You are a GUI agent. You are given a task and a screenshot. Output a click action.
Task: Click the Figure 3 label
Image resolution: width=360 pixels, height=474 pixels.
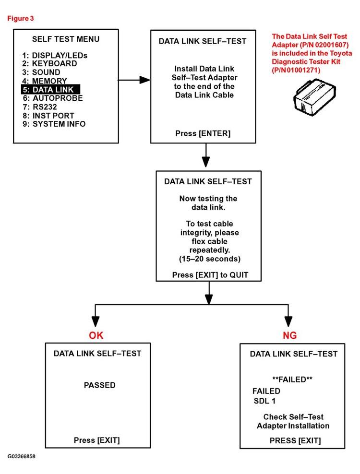(20, 18)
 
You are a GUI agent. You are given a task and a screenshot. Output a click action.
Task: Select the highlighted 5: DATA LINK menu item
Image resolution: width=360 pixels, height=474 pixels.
(51, 90)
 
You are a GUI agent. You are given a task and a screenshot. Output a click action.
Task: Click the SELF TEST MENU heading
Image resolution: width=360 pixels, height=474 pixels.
(66, 39)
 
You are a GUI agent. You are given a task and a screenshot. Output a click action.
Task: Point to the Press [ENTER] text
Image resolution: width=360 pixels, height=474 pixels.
(203, 133)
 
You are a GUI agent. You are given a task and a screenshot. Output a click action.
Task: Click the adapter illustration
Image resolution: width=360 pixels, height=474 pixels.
(313, 95)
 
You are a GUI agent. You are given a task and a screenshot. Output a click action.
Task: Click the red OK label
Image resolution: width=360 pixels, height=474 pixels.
(96, 335)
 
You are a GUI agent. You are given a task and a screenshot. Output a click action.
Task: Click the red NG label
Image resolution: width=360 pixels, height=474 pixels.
(289, 335)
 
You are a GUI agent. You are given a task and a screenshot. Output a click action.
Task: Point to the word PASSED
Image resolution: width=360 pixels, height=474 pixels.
(99, 385)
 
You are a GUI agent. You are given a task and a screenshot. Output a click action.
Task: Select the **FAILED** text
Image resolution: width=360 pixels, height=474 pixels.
(292, 379)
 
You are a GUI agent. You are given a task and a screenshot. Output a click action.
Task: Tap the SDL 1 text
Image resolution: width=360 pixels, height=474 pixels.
(266, 401)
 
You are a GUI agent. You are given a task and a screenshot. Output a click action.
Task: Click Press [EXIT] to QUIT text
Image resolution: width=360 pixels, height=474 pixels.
(210, 275)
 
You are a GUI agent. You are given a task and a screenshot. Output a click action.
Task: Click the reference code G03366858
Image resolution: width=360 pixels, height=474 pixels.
(21, 456)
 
